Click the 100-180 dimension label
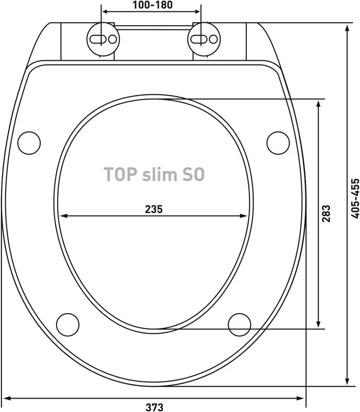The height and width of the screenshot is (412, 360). coord(152,5)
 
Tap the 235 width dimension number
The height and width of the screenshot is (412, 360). coord(154,209)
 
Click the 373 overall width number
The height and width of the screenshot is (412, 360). coord(155,407)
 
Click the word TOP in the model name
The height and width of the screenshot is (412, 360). coord(121,174)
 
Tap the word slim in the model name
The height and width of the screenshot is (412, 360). coord(160,174)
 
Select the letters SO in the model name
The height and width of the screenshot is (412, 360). coord(194,174)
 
